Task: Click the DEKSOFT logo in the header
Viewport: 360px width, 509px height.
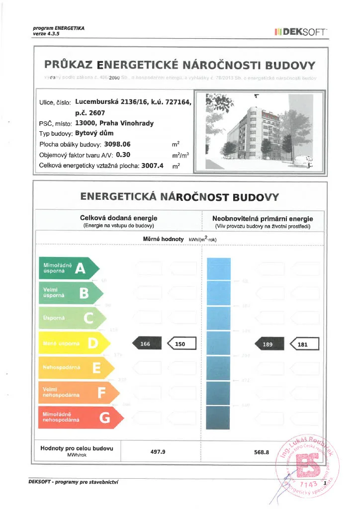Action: coord(300,32)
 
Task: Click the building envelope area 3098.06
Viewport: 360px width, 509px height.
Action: coord(117,144)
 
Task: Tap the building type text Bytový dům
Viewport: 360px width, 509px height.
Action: coord(94,133)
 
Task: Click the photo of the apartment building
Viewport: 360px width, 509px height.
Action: coord(260,132)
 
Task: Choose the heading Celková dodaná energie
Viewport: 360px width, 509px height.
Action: coord(118,218)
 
